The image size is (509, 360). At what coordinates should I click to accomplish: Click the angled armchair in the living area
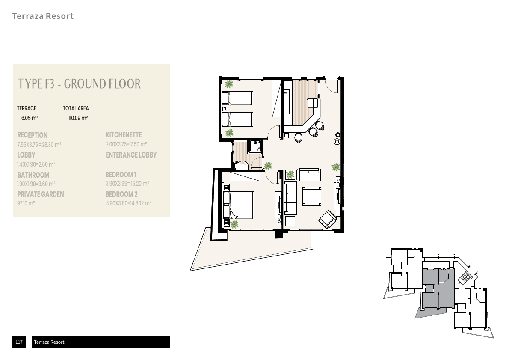coord(328,219)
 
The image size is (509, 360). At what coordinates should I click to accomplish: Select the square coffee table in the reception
coord(312,196)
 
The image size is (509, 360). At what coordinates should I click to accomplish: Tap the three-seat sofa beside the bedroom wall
coord(290,197)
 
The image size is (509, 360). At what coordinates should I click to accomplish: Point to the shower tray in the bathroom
coord(255,146)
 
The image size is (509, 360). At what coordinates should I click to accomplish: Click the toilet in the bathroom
coord(241,166)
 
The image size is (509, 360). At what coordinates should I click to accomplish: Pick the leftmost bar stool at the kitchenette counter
coord(298,138)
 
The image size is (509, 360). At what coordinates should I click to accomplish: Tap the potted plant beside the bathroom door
coord(267,167)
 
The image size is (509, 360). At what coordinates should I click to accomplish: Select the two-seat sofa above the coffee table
coord(309,175)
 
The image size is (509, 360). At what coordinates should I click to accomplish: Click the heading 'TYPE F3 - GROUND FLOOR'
coord(79,84)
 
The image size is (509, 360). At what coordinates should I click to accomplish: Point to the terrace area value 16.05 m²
coord(29,118)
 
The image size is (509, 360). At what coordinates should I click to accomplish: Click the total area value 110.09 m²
coord(78,118)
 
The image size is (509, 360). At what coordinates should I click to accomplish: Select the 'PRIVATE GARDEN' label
coord(41,194)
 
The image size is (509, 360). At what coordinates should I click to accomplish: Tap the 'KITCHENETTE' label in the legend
coord(124,135)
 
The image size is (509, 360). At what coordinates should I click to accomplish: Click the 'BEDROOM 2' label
coord(122,194)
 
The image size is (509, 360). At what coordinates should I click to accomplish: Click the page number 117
coord(19,342)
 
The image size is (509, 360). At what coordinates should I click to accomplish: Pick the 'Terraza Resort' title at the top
coord(43,16)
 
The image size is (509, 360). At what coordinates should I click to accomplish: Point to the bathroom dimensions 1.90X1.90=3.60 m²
coord(36,184)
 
